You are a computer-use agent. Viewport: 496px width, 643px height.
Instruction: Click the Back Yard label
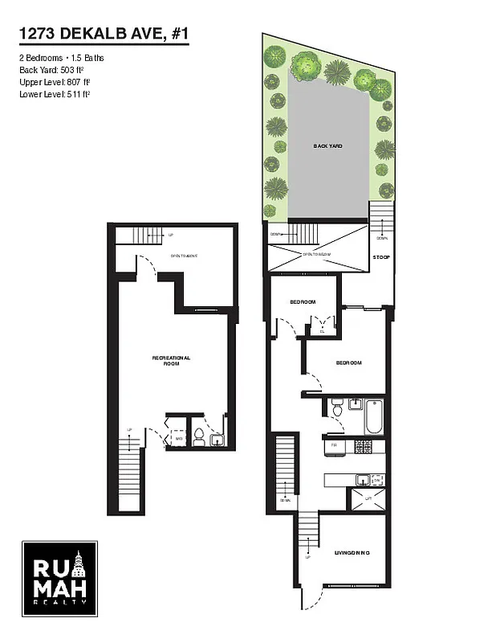pyautogui.click(x=327, y=146)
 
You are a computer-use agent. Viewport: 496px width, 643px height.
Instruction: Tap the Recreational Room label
pyautogui.click(x=171, y=361)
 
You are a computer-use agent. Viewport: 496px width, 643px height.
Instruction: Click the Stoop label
pyautogui.click(x=381, y=258)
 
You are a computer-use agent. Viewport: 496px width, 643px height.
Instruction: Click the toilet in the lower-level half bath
pyautogui.click(x=197, y=436)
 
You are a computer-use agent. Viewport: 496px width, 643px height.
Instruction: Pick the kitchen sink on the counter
pyautogui.click(x=363, y=480)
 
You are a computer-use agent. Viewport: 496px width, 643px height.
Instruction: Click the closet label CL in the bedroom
pyautogui.click(x=322, y=330)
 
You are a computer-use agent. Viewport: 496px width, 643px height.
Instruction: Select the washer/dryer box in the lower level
pyautogui.click(x=178, y=439)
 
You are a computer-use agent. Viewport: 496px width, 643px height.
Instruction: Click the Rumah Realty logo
pyautogui.click(x=59, y=580)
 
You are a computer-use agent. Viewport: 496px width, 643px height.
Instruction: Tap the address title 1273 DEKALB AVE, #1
pyautogui.click(x=104, y=34)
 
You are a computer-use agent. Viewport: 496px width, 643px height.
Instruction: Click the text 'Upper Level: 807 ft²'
pyautogui.click(x=55, y=81)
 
